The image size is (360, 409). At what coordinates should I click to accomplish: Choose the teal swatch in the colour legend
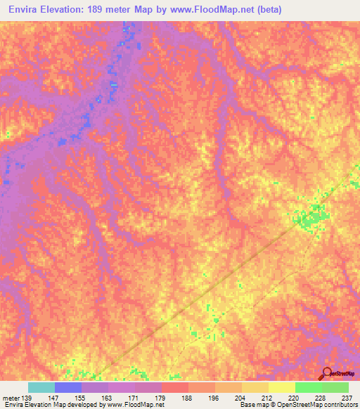(x=41, y=387)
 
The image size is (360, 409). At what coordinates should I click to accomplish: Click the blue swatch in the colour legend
(x=67, y=387)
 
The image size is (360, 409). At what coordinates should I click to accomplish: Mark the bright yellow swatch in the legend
(x=281, y=387)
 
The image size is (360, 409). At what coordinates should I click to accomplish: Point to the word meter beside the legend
(x=10, y=397)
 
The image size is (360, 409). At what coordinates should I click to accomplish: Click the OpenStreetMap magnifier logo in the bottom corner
(x=326, y=374)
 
